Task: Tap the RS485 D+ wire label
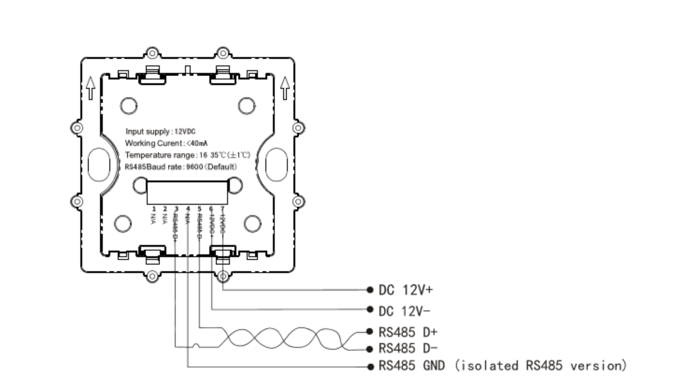pos(405,331)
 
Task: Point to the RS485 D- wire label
pos(405,348)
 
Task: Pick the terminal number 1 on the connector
pos(154,208)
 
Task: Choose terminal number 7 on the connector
pos(222,208)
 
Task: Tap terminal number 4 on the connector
pos(188,208)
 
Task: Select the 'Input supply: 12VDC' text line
pos(160,132)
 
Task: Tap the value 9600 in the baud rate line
pos(191,166)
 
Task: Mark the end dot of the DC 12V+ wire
pos(369,290)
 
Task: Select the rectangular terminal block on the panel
pos(188,192)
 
